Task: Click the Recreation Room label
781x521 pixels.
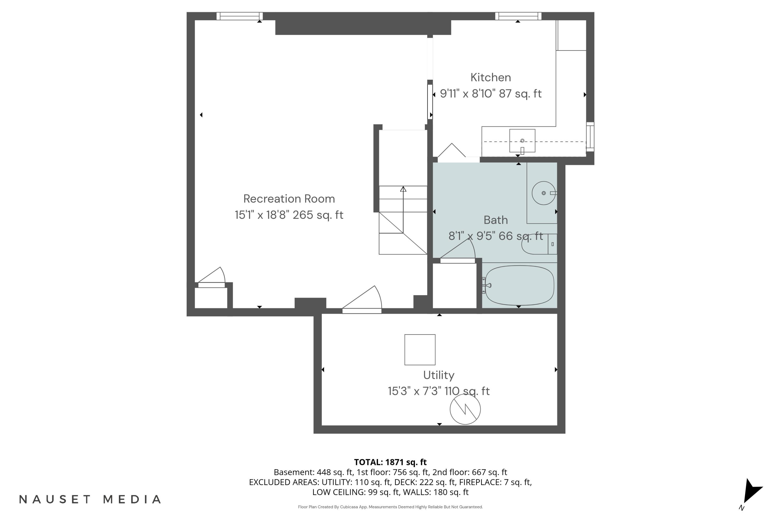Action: click(x=289, y=199)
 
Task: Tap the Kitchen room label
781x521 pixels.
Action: click(x=491, y=77)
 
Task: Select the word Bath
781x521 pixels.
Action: click(x=495, y=220)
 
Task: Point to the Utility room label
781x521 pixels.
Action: click(x=439, y=375)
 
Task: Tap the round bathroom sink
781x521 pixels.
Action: click(x=544, y=193)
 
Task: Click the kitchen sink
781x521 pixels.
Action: click(x=522, y=141)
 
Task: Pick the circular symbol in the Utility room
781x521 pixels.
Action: click(x=465, y=409)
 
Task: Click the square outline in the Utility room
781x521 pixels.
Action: click(x=420, y=350)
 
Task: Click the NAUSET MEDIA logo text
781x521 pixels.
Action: click(x=90, y=499)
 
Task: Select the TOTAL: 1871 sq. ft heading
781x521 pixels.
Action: click(x=390, y=462)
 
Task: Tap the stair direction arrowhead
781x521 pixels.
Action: click(x=403, y=189)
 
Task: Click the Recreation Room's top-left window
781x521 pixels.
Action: click(x=240, y=16)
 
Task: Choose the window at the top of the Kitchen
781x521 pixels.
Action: click(x=518, y=16)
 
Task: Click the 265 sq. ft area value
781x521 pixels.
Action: click(x=318, y=215)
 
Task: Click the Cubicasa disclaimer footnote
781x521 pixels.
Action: click(x=390, y=507)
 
